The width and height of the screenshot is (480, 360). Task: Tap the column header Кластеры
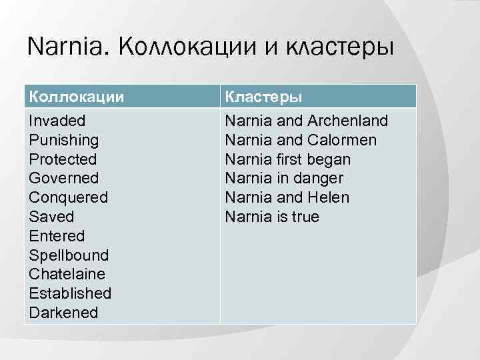point(264,96)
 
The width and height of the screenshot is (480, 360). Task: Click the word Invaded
point(57,121)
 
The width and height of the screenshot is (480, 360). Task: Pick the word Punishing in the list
point(64,140)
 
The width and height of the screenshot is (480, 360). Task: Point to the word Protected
point(63,159)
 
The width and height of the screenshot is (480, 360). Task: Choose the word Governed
point(64,178)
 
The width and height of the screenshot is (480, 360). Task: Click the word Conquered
point(69,197)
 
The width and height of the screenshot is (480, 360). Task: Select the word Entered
point(57,236)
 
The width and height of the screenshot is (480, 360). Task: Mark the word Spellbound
point(69,255)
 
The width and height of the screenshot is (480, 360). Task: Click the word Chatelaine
point(67,274)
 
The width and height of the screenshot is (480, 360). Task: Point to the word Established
point(71,293)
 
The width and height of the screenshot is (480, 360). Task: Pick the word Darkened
point(64,313)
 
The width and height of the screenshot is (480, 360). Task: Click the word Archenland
point(347,121)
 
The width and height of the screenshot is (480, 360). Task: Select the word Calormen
point(342,140)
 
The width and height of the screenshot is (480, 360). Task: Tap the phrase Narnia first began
point(287,159)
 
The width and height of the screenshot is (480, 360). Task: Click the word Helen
point(328,197)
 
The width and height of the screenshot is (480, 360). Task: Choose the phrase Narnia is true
point(272,217)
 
